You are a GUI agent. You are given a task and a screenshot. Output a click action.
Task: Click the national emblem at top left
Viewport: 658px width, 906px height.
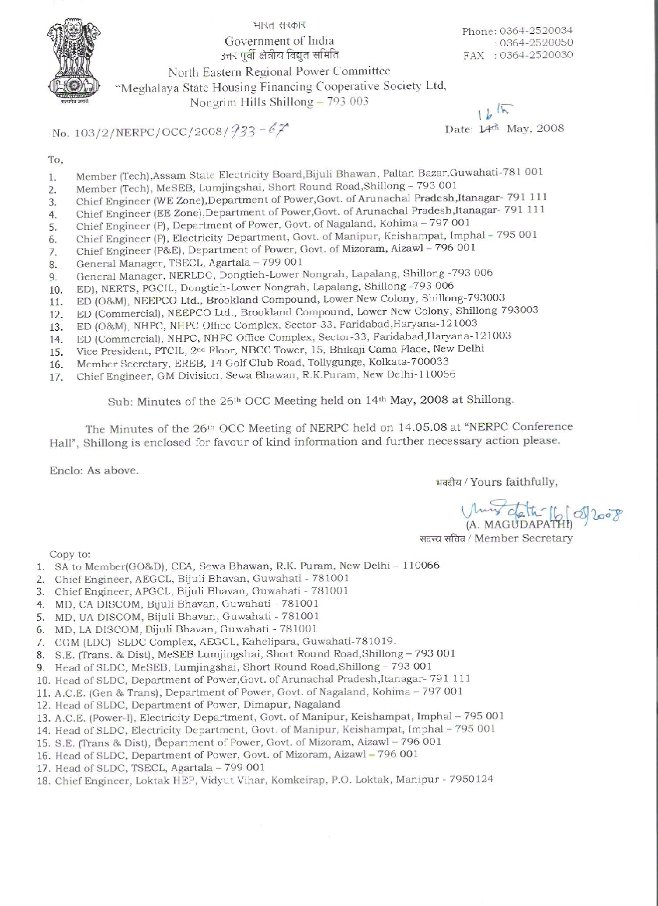74,61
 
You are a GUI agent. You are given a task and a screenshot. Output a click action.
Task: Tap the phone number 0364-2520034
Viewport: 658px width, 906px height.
536,31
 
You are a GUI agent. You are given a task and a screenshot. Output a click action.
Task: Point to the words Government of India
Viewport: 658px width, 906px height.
279,41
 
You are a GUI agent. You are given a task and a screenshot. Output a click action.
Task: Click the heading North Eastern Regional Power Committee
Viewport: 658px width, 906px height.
279,71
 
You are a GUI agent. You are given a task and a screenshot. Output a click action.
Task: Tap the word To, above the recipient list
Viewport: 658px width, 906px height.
55,160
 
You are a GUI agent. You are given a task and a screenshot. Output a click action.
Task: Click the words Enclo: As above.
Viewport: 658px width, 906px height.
94,470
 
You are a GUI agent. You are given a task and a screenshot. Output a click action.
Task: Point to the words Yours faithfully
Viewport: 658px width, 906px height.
514,482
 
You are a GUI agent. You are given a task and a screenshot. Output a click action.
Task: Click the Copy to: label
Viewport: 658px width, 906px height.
70,554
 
